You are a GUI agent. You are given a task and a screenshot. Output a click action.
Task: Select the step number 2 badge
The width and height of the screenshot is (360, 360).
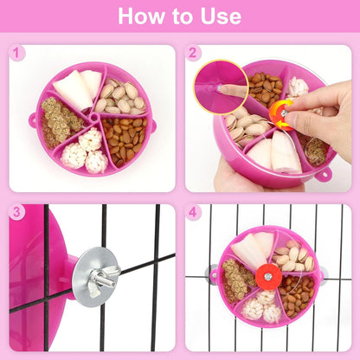(193, 54)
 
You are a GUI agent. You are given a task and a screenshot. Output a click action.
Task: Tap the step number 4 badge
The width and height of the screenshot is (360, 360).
(193, 212)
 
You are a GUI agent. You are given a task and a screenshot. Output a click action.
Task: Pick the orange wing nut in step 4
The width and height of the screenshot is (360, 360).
(267, 277)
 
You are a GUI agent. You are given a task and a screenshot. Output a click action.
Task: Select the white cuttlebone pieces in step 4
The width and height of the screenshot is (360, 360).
(251, 249)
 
